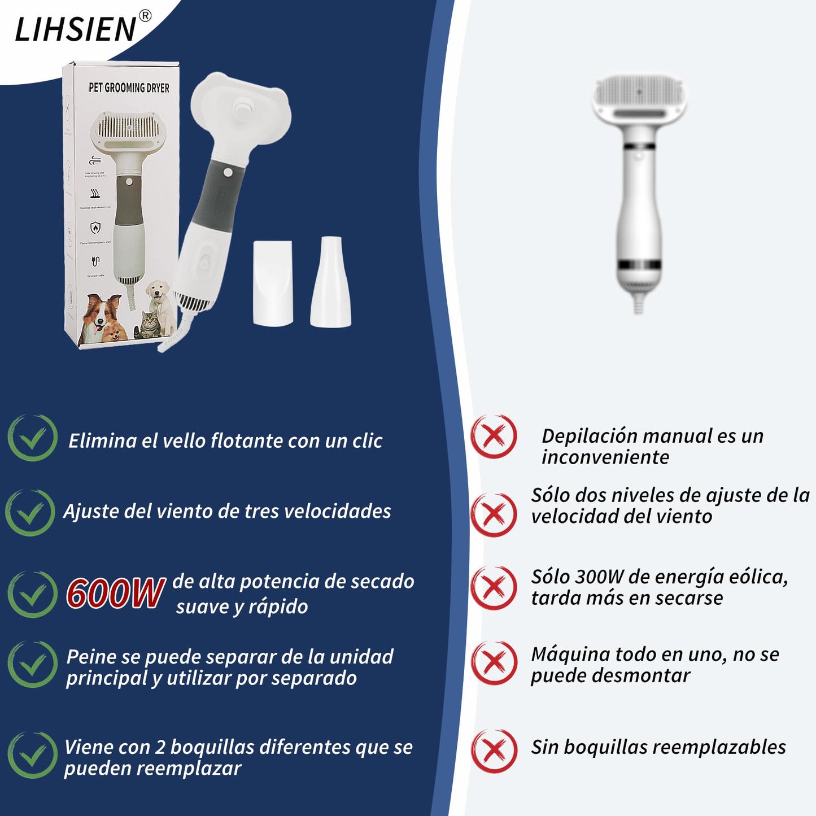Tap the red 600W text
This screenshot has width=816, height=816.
[x=115, y=594]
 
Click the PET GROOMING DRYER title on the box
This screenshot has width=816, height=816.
[x=129, y=88]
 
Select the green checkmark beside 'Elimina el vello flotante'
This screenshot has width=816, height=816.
[x=32, y=438]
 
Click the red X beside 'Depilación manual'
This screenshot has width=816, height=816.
[x=494, y=437]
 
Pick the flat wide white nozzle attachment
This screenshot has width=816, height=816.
[x=273, y=283]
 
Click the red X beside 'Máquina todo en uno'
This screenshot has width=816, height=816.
[x=494, y=663]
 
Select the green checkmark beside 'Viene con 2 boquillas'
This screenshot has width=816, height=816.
[x=32, y=755]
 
